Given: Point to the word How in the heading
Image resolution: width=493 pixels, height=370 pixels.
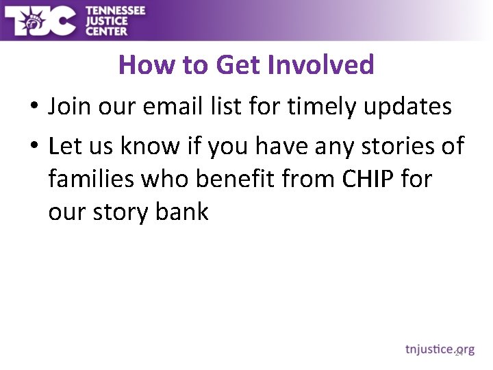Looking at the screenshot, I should click(140, 65).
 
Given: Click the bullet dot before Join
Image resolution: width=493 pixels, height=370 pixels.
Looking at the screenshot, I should click(33, 108).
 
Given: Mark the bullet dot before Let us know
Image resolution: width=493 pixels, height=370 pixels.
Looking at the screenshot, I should click(33, 147).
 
